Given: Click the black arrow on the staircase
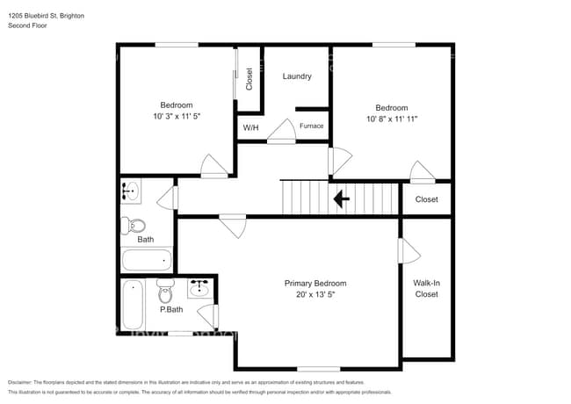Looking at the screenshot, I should point(341,199).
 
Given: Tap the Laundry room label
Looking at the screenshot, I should point(297,76).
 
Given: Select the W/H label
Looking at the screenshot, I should point(251,128).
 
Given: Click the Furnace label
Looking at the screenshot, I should point(311,126).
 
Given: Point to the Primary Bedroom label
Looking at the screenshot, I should point(315,284).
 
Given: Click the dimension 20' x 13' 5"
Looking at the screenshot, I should point(315,295).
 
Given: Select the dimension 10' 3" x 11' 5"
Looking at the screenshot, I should point(177,116).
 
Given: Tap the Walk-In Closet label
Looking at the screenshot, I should point(426,288).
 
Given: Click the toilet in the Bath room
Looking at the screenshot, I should point(133,226).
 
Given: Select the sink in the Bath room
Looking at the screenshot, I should point(131,190).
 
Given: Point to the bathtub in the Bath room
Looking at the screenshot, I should point(147,260).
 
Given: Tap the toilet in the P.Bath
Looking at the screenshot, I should point(166,289).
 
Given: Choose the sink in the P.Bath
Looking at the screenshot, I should point(200,288).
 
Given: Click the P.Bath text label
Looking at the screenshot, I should point(170,309).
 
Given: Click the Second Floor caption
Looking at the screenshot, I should point(28,26).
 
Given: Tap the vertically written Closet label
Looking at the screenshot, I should point(249,80).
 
